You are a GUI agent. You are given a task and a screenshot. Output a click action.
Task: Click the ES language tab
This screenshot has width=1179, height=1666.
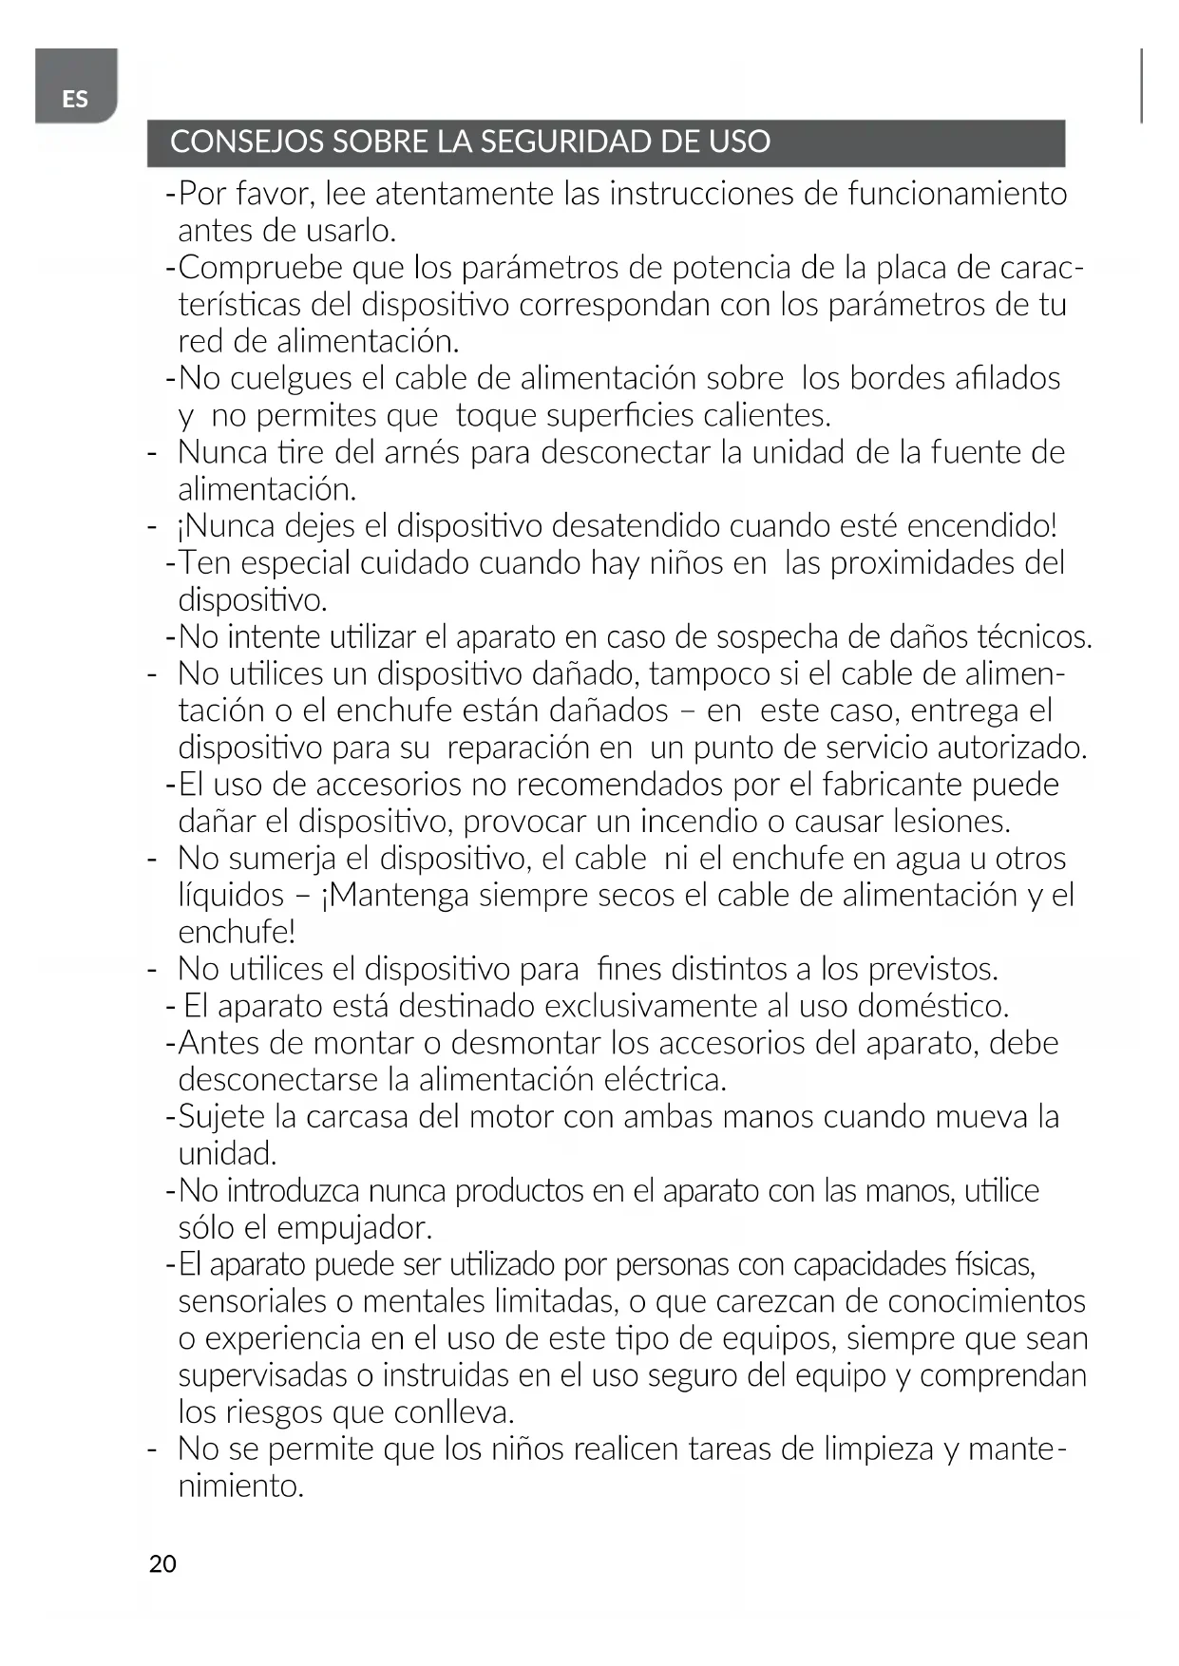pos(75,98)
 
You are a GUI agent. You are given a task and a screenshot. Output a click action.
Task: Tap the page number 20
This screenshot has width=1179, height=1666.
pos(162,1563)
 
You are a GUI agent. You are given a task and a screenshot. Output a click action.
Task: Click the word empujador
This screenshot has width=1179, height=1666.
pos(354,1228)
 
